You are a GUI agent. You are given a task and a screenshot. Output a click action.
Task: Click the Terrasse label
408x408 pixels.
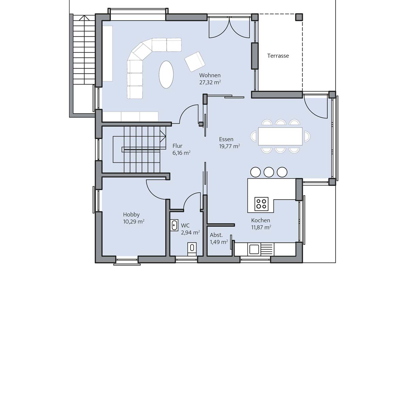pyautogui.click(x=278, y=56)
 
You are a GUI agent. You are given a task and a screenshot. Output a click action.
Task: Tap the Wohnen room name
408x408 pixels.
pyautogui.click(x=210, y=75)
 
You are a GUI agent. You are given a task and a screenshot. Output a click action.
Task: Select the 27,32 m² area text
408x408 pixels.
pyautogui.click(x=210, y=82)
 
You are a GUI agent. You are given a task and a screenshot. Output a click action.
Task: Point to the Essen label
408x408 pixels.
pyautogui.click(x=226, y=139)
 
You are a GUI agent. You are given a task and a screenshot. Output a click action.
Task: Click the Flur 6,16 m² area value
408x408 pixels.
pyautogui.click(x=181, y=153)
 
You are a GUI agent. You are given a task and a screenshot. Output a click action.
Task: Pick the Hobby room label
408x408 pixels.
pyautogui.click(x=131, y=215)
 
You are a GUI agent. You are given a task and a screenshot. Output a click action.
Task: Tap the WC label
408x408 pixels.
pyautogui.click(x=185, y=225)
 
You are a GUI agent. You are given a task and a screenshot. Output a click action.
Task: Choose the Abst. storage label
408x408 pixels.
pyautogui.click(x=216, y=235)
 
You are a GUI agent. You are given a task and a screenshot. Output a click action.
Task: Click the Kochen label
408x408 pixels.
pyautogui.click(x=260, y=220)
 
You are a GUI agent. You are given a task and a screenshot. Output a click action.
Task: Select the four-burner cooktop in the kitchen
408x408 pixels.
pyautogui.click(x=261, y=204)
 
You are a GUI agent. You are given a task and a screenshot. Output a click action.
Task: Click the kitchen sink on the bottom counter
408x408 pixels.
pyautogui.click(x=254, y=249)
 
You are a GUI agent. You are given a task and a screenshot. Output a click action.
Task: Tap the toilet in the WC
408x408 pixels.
pyautogui.click(x=192, y=248)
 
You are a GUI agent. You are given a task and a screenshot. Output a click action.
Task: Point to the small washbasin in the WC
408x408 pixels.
pyautogui.click(x=174, y=225)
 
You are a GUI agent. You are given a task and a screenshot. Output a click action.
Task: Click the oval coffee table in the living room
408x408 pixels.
pyautogui.click(x=166, y=74)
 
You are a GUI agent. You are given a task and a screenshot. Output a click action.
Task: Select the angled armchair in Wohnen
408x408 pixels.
pyautogui.click(x=195, y=62)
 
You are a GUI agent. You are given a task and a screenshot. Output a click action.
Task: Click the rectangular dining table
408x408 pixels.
pyautogui.click(x=280, y=136)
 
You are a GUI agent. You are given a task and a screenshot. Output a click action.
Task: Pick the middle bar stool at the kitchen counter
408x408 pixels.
pyautogui.click(x=269, y=172)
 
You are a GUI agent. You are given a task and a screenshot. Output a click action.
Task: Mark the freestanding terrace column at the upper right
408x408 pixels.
pyautogui.click(x=299, y=17)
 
